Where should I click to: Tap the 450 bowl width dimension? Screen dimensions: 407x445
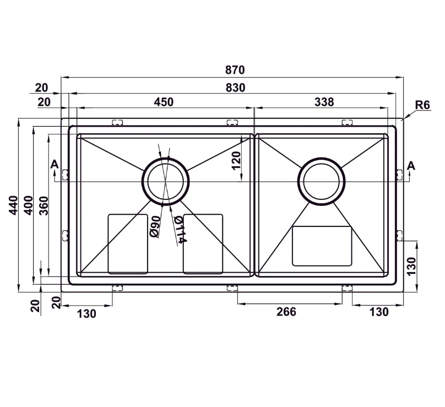(x=164, y=102)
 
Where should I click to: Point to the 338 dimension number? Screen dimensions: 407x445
(x=324, y=102)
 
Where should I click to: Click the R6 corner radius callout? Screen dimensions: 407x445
(x=422, y=105)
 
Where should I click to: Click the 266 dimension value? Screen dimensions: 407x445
(x=286, y=312)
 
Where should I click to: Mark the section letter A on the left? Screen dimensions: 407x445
(x=53, y=164)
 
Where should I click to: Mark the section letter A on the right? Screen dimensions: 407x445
(x=411, y=165)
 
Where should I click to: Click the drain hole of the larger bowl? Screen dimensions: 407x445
(x=166, y=181)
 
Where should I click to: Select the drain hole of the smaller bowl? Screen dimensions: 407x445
(x=322, y=181)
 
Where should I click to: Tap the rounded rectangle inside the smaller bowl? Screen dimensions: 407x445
(x=322, y=246)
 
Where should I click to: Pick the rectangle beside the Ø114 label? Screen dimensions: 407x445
(x=203, y=243)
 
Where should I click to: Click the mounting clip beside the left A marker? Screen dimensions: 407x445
(x=65, y=175)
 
